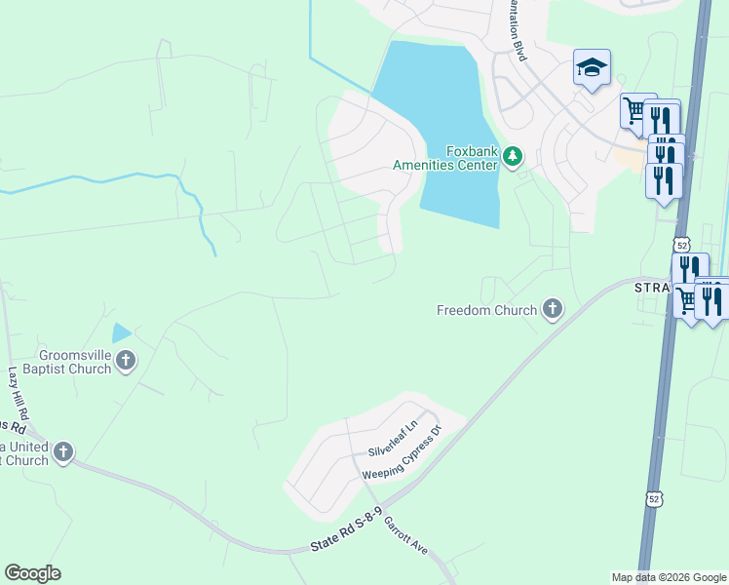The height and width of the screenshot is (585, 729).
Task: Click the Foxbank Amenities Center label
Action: [444, 158]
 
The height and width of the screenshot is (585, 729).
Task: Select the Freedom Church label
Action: [486, 311]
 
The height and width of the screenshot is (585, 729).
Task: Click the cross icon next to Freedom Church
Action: [553, 310]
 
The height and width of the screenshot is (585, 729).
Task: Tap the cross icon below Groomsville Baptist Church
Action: [125, 362]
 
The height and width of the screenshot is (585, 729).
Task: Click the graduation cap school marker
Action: [592, 67]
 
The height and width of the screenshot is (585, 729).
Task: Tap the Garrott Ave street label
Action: [405, 535]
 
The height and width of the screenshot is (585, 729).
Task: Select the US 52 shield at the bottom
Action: [654, 499]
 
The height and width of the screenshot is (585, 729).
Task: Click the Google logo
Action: [32, 573]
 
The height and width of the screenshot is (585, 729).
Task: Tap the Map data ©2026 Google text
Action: [668, 577]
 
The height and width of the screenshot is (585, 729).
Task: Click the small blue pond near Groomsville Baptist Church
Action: [121, 333]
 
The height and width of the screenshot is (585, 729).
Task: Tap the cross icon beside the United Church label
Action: [63, 451]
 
